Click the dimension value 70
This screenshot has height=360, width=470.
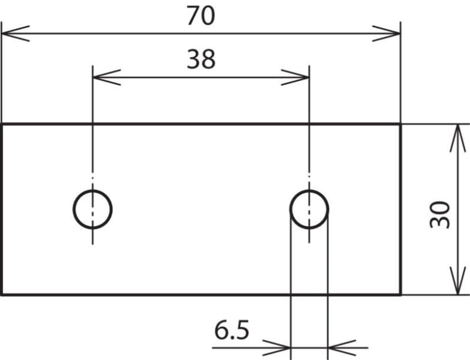[200, 16]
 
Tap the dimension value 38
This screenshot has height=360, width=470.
[201, 59]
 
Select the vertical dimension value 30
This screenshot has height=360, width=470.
[440, 215]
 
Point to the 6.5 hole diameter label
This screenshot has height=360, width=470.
[232, 330]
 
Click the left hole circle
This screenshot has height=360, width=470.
[73, 209]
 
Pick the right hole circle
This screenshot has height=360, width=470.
[290, 209]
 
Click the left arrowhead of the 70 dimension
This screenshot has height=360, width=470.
[16, 34]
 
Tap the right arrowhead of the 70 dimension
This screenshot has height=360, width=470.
[386, 34]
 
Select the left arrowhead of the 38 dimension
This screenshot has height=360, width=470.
[107, 77]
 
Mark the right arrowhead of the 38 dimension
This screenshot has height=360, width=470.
[295, 77]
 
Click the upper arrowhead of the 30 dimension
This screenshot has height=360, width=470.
[458, 139]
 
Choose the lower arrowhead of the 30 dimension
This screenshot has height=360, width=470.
[458, 281]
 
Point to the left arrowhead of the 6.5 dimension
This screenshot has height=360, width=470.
[276, 348]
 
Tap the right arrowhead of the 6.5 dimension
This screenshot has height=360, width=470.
[342, 348]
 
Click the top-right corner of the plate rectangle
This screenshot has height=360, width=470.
[400, 124]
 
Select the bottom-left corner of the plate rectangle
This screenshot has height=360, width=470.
[2, 295]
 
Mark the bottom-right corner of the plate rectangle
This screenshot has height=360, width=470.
[400, 295]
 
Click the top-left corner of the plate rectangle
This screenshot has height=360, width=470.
[2, 124]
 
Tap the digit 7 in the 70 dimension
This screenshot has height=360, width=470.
[193, 16]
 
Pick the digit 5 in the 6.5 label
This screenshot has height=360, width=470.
[242, 331]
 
